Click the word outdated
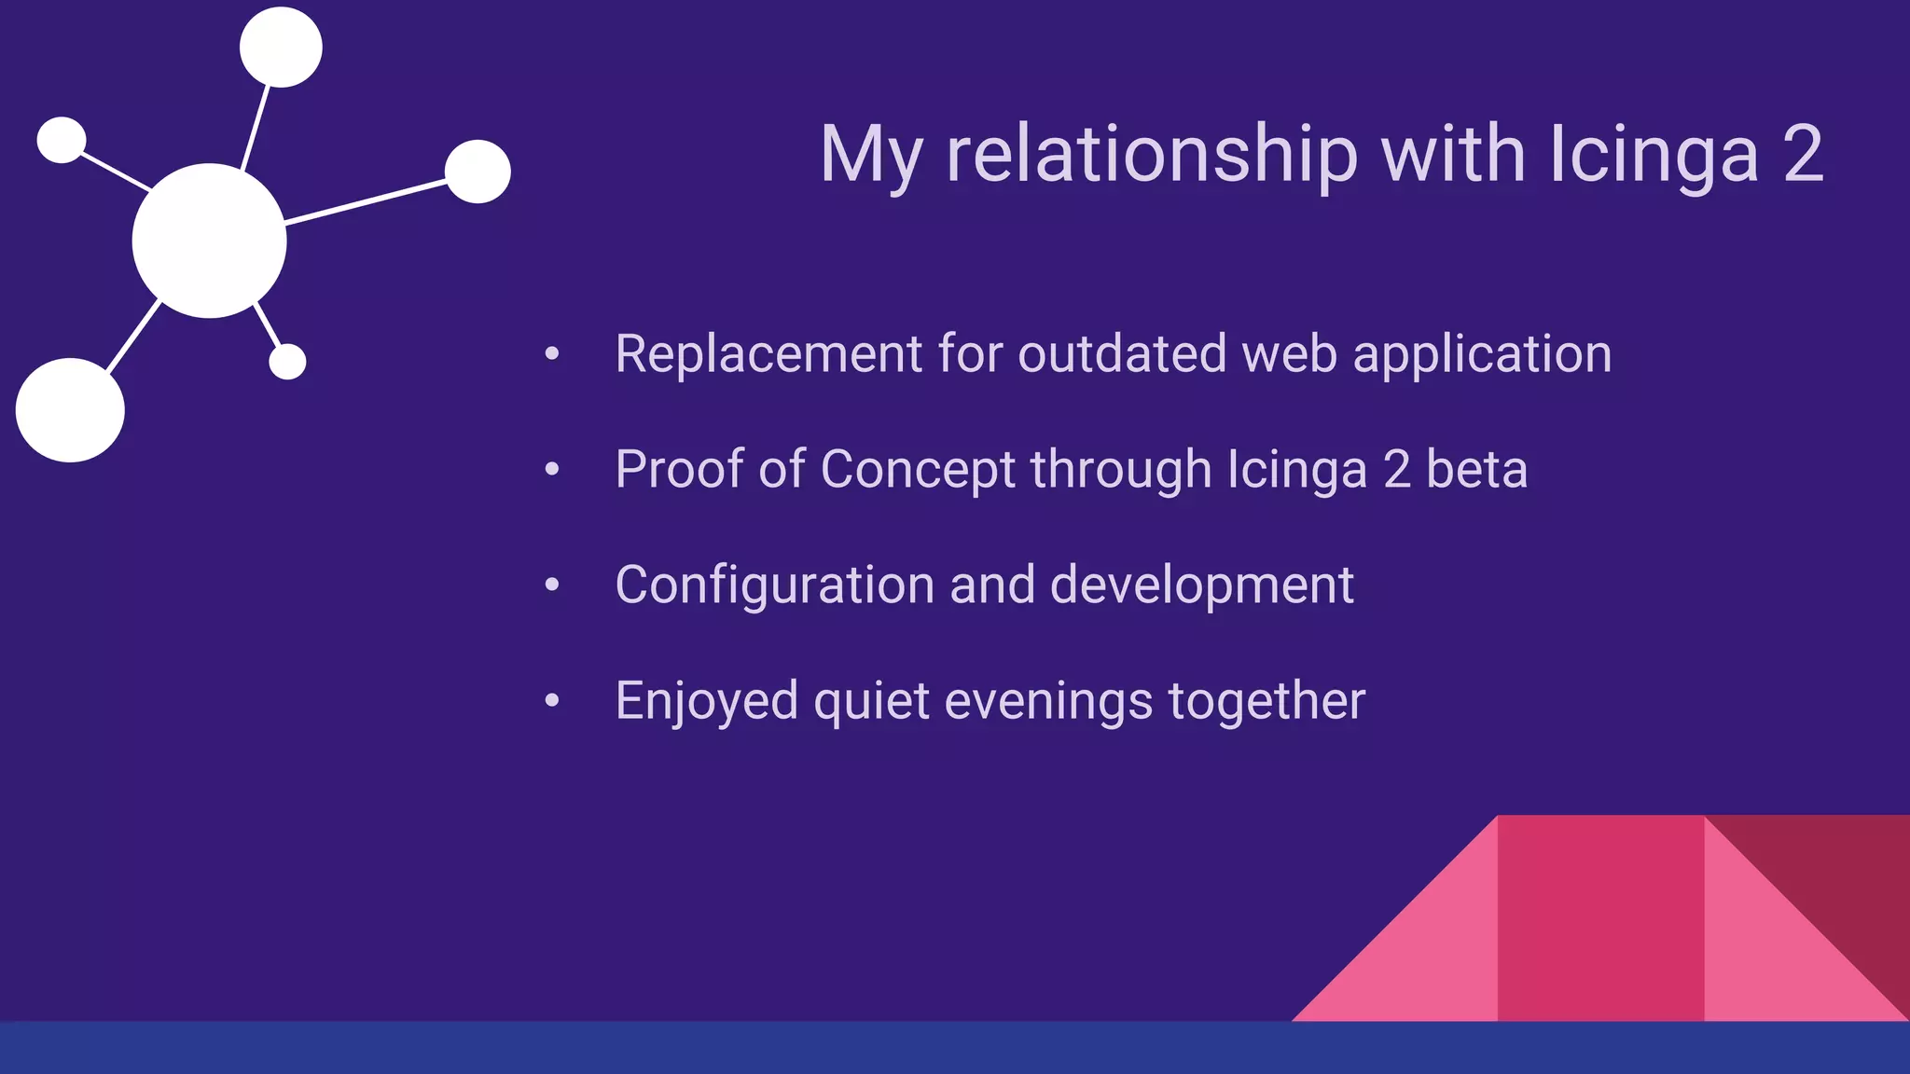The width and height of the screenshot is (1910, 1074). pos(1122,354)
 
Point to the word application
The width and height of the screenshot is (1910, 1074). pos(1482,356)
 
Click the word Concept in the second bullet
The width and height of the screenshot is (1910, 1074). pos(917,469)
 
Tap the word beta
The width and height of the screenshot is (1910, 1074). pos(1476,469)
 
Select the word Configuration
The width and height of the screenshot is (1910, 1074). pos(774,585)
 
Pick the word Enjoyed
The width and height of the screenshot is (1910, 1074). pos(706,701)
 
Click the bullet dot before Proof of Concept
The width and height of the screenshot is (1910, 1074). pos(552,469)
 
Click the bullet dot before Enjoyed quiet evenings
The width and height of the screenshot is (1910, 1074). pos(552,700)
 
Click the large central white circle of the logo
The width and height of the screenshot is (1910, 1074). pos(209,241)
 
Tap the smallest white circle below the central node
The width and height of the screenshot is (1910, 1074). pos(287,362)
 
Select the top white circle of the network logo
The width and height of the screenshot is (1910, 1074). pos(281,48)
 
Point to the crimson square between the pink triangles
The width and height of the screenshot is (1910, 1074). pos(1600,918)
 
